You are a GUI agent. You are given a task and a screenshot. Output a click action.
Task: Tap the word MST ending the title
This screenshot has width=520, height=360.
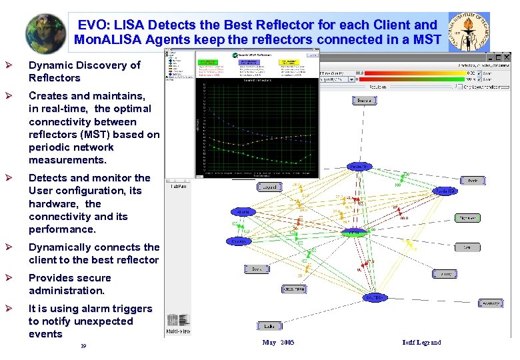pos(427,40)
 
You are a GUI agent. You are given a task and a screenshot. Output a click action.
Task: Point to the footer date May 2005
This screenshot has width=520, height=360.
pos(278,343)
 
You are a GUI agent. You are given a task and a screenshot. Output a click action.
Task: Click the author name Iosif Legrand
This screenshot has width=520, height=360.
pos(421,343)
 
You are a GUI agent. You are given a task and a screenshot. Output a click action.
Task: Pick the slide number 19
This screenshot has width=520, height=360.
pos(83,346)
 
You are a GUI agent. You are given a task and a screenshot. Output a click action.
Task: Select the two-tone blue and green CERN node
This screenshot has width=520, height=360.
pos(353,232)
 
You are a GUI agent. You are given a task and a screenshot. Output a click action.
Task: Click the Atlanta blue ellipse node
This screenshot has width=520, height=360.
pos(243,212)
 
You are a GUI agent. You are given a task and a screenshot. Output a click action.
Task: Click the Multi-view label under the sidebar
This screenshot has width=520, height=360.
pos(178,331)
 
